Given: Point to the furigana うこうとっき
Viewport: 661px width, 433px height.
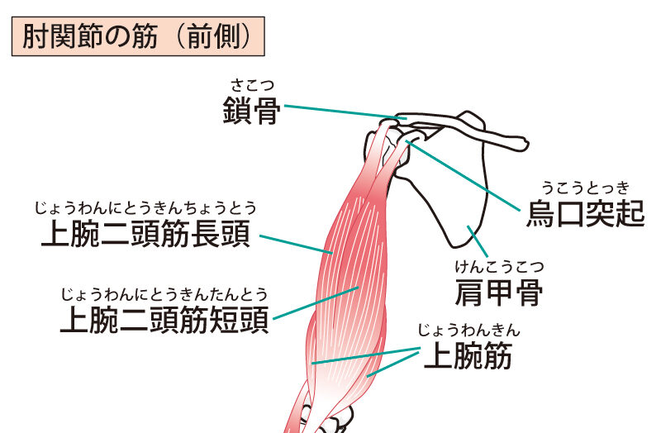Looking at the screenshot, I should [x=585, y=187].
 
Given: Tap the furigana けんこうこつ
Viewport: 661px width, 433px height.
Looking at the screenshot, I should [x=499, y=266].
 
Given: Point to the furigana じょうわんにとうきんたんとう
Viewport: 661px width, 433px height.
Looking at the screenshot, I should [x=164, y=293].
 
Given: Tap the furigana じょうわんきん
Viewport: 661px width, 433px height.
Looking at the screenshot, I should [x=468, y=331].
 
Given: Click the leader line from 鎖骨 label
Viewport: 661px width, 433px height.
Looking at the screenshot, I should [x=339, y=112].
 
